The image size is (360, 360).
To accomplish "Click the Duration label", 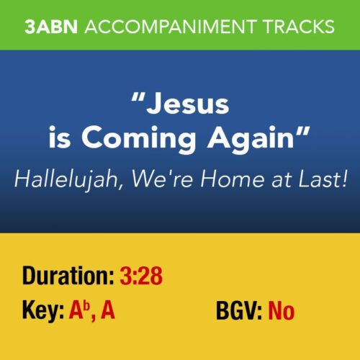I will [67, 275].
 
